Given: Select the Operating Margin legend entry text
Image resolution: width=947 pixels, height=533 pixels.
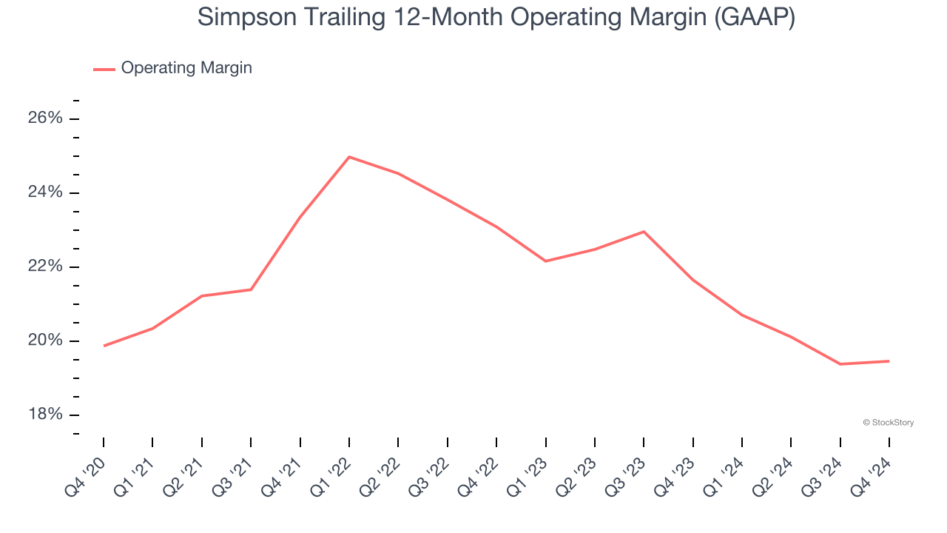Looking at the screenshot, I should pos(186,68).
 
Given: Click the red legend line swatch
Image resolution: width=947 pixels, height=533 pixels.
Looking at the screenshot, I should pos(104,69).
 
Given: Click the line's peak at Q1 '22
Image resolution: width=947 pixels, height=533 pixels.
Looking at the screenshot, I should pos(348,157).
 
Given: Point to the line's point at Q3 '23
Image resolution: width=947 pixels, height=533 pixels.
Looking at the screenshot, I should pos(644,232).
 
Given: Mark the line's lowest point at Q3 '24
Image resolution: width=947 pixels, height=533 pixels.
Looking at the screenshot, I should pos(840,364).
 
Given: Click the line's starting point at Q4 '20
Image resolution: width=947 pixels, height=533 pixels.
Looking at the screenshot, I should pos(104,346).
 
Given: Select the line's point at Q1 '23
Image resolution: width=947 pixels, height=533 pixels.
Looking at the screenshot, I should pos(545,261).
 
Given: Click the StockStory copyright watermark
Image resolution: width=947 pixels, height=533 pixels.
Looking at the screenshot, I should pos(889,423).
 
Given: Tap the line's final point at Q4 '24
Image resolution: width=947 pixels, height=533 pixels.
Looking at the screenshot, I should pos(889,361).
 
